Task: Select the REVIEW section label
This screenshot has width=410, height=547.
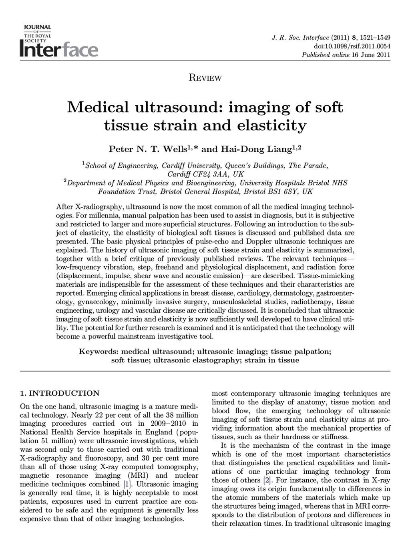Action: click(205, 78)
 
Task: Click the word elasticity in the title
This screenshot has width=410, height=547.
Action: click(273, 126)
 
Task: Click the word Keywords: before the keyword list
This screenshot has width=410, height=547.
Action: click(98, 352)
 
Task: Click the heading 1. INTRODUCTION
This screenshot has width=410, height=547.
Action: click(60, 393)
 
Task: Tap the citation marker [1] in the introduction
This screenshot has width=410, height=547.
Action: click(128, 484)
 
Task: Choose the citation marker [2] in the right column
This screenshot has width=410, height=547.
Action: click(267, 480)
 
